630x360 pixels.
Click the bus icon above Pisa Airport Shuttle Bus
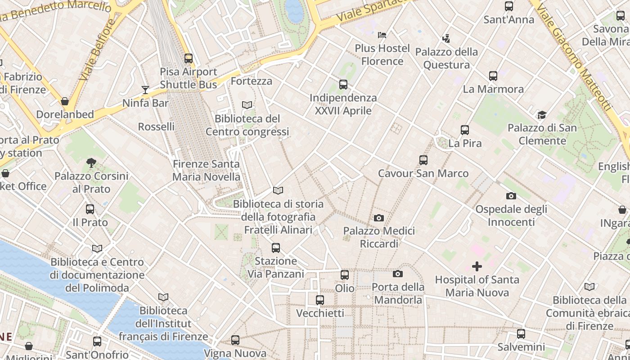tap(189, 58)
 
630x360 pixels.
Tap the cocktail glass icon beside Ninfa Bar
tap(145, 90)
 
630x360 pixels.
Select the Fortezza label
tap(251, 81)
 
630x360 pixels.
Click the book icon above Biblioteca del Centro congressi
tap(247, 105)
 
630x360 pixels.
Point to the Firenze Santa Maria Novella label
tap(206, 171)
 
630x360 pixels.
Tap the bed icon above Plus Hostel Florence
tap(382, 35)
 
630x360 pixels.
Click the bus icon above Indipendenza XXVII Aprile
tap(343, 85)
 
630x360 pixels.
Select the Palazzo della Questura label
tap(446, 58)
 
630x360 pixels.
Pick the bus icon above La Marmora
tap(493, 76)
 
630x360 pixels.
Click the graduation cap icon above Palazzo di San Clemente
tap(542, 115)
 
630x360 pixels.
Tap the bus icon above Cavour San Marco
tap(423, 160)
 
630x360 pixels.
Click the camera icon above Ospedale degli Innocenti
tap(511, 196)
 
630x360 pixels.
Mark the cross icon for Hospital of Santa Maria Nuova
tap(477, 266)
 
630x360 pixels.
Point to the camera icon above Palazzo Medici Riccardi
tap(379, 218)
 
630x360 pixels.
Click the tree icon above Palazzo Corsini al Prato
tap(91, 163)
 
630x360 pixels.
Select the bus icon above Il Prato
tap(90, 209)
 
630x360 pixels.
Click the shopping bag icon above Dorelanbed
tap(65, 101)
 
